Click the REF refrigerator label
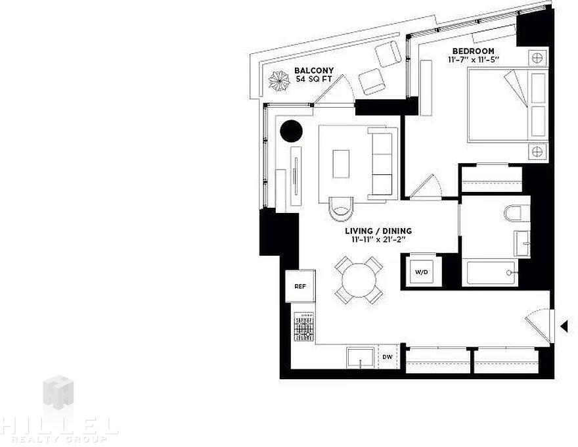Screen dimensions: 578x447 tap(300, 286)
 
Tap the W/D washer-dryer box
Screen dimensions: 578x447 tap(421, 272)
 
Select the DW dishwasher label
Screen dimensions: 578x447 tap(387, 357)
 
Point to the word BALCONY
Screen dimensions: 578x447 tap(314, 70)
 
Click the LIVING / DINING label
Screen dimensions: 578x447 tap(378, 231)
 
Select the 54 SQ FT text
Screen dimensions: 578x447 tap(314, 79)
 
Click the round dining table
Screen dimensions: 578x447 tap(359, 280)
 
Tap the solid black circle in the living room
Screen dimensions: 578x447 tap(291, 131)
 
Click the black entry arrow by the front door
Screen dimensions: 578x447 tap(564, 327)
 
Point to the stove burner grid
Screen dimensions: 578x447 tap(304, 327)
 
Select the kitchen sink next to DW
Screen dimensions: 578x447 tap(360, 358)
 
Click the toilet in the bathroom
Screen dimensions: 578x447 tap(512, 213)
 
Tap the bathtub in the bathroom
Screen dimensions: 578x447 tap(490, 273)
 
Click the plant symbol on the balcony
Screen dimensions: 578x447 tap(280, 81)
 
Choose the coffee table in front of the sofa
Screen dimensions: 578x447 tap(341, 164)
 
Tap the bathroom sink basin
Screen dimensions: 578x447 tap(522, 243)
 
